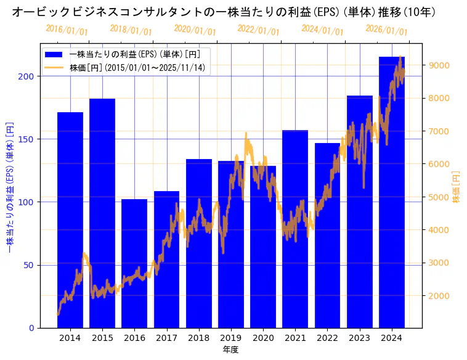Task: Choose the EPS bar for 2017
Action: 166,259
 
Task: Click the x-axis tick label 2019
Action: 231,338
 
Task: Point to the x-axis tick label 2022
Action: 327,338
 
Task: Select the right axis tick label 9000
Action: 439,65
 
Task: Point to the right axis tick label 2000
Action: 439,296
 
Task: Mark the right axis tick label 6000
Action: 439,164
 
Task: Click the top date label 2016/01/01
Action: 67,30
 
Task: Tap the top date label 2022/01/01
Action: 258,30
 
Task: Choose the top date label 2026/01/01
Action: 386,30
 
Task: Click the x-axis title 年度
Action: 231,350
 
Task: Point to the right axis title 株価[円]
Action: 457,187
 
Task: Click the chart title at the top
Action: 224,12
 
